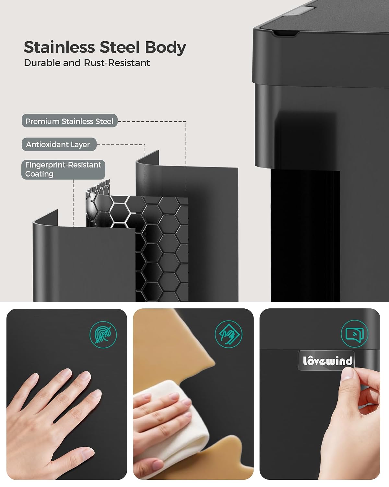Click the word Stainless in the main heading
(59, 47)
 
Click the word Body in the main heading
(165, 48)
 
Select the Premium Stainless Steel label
(69, 121)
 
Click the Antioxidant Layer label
(59, 144)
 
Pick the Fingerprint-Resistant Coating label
(63, 169)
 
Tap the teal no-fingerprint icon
(103, 334)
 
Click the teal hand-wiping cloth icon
(229, 334)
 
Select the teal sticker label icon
(354, 333)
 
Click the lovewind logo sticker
(326, 361)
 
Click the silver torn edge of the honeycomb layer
(98, 190)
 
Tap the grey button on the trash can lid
(298, 10)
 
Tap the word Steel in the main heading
(120, 47)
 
